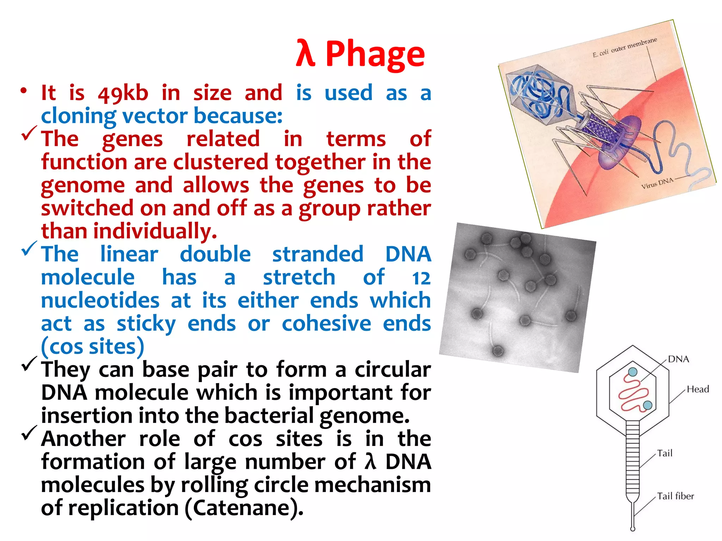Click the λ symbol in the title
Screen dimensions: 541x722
coord(305,54)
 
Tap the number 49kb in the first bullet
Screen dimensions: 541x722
coord(123,94)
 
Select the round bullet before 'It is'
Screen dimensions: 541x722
coord(24,91)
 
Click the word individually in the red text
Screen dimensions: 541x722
coord(155,232)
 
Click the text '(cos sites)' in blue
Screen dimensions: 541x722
coord(92,347)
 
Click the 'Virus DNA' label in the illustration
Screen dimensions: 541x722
coord(657,184)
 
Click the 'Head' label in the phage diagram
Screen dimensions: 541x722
coord(698,389)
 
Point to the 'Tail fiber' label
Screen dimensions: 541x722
coord(675,496)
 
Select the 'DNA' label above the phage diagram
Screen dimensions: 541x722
coord(678,359)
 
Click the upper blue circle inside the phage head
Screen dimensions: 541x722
coord(633,372)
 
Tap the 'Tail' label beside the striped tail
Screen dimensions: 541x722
coord(665,453)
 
